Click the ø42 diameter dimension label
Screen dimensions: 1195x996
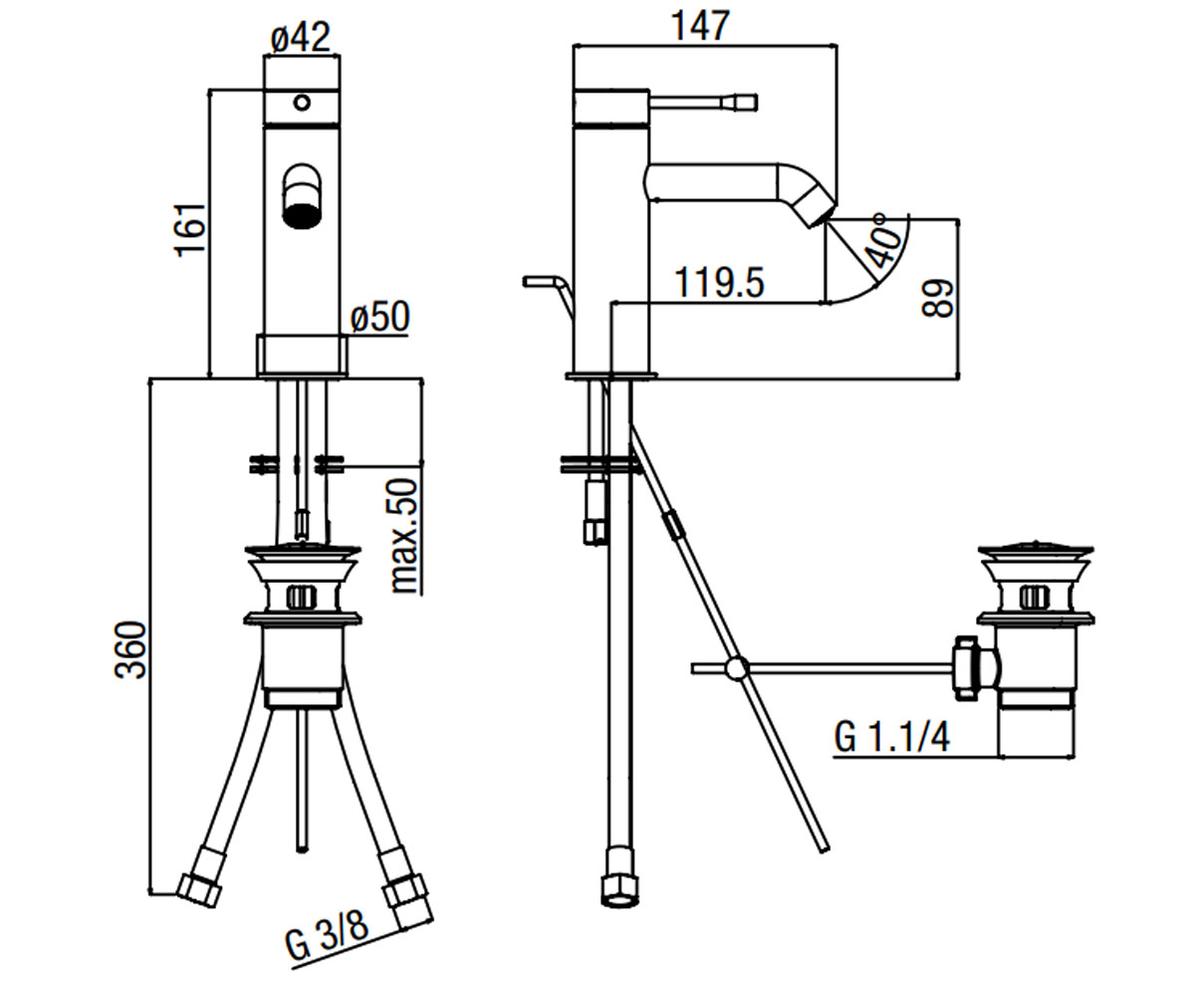coord(301,37)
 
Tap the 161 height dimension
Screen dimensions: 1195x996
coord(190,229)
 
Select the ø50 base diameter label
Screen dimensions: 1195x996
coord(380,317)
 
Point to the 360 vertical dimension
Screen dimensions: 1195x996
coord(131,650)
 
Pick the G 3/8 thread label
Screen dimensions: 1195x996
coord(328,940)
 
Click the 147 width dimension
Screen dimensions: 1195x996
coord(700,25)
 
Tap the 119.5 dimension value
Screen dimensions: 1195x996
coord(719,283)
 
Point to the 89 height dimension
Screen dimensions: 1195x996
coord(937,298)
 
